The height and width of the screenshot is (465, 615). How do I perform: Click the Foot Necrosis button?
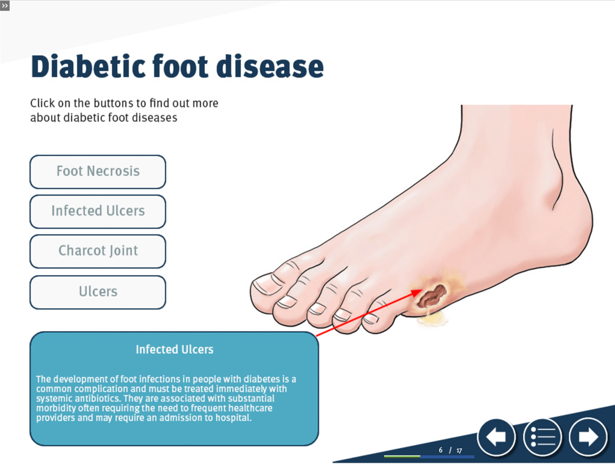coord(98,172)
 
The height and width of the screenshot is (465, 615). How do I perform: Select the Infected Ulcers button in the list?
coord(98,211)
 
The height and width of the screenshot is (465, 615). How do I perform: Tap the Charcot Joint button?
coord(98,251)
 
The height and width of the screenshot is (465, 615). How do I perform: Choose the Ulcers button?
coord(98,293)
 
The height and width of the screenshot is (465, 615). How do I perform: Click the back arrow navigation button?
coord(496,437)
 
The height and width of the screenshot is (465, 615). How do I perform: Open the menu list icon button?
coord(542,437)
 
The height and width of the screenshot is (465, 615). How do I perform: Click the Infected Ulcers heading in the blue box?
coord(175,349)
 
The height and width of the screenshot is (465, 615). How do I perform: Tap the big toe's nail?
coord(265,285)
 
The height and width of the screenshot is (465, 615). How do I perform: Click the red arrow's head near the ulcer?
coord(417,293)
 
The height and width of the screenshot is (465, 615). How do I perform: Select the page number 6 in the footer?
coord(440,450)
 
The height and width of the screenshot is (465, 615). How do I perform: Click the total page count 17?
coord(459,451)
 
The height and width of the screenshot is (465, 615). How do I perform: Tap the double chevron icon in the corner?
coord(5,6)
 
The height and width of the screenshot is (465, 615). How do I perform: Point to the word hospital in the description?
coord(232,418)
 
